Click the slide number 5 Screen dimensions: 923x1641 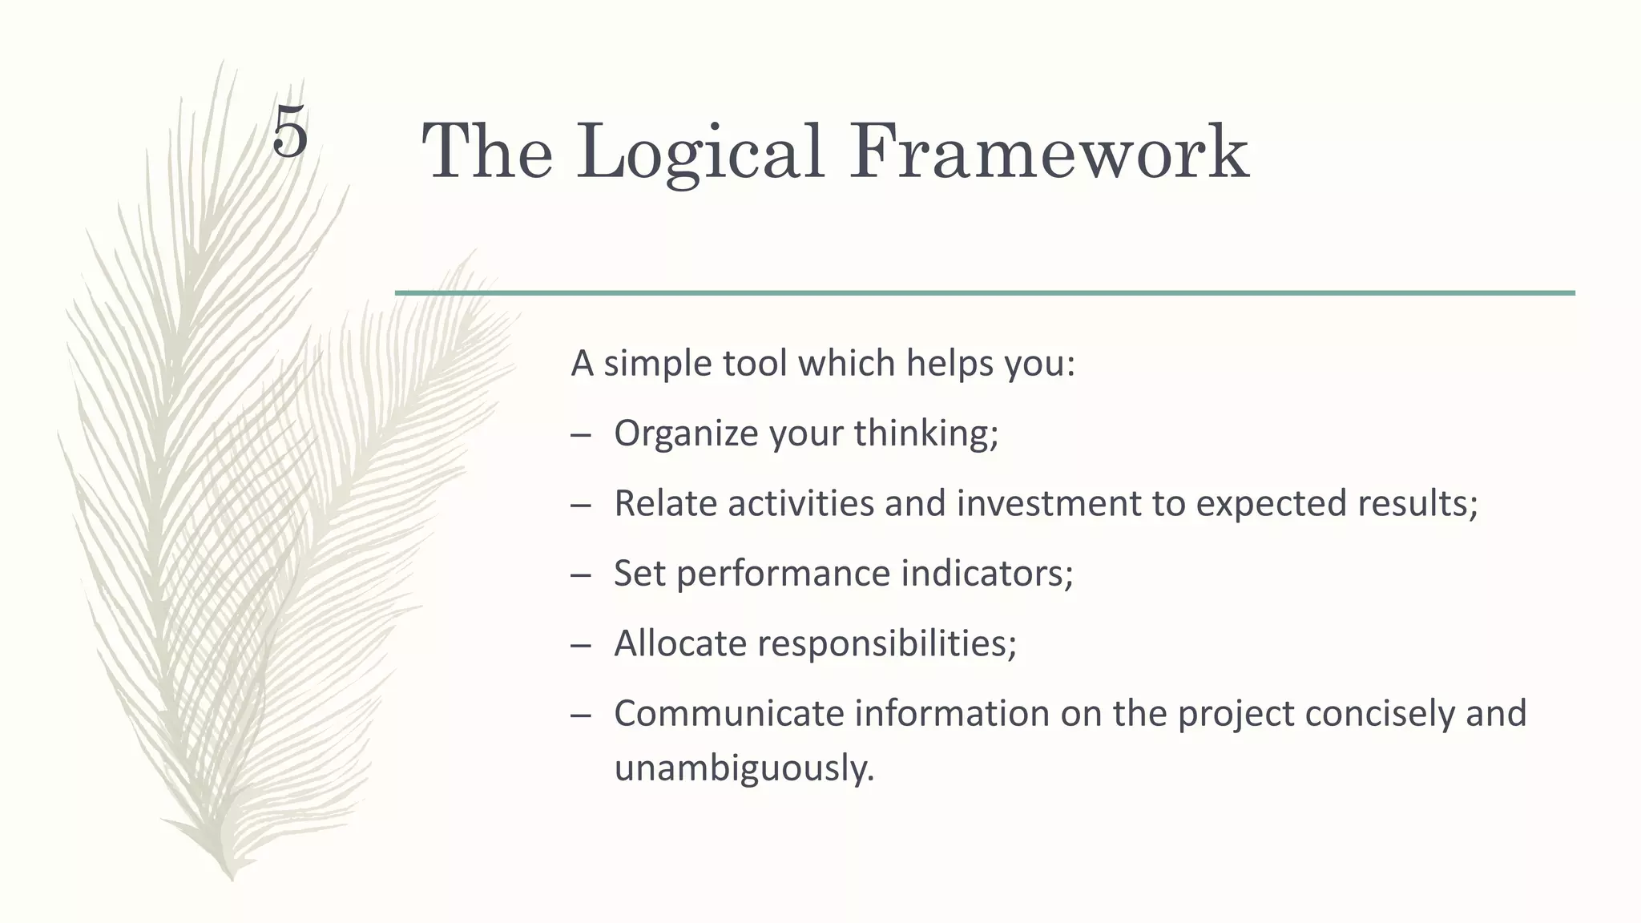290,132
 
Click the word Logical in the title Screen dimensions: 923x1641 700,152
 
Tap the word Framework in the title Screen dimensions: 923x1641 1049,152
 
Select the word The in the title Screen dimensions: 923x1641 486,152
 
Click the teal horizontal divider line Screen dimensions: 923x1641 985,293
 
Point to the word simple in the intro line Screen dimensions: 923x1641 657,365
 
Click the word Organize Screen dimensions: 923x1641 686,434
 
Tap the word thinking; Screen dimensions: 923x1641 925,434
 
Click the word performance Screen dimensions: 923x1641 783,574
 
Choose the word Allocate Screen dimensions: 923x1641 679,643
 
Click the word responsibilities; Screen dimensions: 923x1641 886,643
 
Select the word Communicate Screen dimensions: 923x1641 728,713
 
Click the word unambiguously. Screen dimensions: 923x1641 744,768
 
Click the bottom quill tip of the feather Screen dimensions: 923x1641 232,877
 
